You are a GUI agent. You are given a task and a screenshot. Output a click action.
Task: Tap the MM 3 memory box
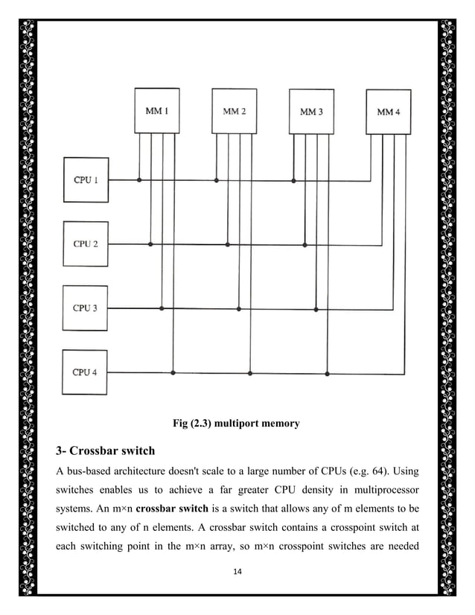click(311, 112)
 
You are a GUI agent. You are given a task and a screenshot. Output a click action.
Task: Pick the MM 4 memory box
click(388, 112)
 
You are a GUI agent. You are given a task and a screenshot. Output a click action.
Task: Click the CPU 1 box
click(86, 179)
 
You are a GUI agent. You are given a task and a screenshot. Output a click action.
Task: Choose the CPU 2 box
click(86, 243)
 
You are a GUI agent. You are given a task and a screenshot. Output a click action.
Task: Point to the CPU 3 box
click(86, 307)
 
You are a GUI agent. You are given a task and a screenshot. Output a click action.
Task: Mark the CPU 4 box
click(86, 372)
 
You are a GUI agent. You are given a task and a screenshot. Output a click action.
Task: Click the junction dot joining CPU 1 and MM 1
click(140, 179)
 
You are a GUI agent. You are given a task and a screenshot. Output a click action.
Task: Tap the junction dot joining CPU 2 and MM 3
click(305, 243)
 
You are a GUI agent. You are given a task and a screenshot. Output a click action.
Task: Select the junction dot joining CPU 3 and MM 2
click(238, 308)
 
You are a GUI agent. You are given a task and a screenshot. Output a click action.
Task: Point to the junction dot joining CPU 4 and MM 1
click(173, 372)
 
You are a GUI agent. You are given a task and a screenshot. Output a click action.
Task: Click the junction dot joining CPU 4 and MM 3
click(327, 372)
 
